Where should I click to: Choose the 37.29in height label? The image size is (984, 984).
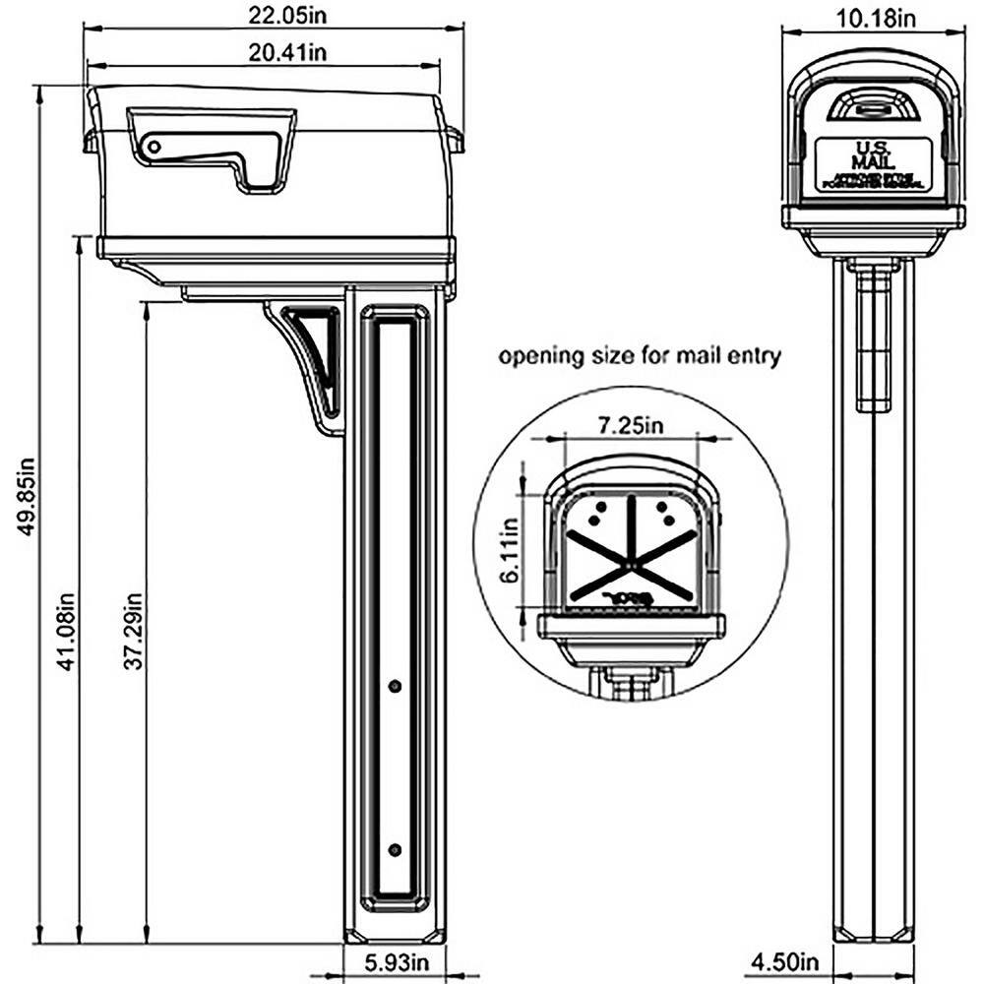[134, 631]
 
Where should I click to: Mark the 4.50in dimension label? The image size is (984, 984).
[785, 961]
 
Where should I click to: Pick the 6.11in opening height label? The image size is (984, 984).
[509, 552]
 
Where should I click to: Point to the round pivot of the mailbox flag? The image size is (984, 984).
[154, 148]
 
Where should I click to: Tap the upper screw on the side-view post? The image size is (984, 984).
[395, 685]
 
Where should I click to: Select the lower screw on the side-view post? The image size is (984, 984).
[395, 849]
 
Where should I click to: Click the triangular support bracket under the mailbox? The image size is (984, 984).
[313, 359]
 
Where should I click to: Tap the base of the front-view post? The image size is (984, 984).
[873, 933]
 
